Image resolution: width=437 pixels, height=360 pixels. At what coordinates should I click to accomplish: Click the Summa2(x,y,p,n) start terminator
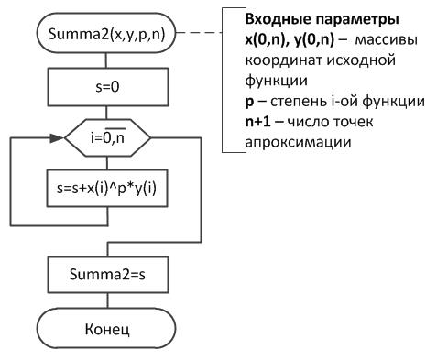[106, 33]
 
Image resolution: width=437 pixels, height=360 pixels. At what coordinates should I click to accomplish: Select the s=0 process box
[107, 87]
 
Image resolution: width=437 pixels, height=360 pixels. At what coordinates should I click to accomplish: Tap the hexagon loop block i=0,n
[107, 138]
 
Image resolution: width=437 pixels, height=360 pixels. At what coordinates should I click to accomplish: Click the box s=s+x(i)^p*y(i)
[107, 188]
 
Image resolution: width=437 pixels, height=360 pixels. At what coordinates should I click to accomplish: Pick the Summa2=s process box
[108, 275]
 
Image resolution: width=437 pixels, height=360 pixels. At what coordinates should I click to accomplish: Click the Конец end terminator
[106, 328]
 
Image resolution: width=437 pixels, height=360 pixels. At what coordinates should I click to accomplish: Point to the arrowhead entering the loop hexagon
[57, 138]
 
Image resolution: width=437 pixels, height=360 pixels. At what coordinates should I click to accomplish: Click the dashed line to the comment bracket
[200, 33]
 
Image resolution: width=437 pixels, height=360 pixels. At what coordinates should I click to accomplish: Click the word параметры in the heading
[357, 20]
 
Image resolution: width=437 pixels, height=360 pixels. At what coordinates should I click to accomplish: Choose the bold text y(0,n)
[314, 40]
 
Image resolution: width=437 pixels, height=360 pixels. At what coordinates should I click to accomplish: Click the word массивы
[387, 40]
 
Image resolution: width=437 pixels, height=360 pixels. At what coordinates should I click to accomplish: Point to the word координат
[284, 60]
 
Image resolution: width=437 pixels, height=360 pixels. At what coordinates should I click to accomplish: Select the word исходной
[361, 60]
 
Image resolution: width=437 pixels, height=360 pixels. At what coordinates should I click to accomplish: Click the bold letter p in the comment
[249, 103]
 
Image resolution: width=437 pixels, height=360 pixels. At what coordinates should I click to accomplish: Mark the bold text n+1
[258, 122]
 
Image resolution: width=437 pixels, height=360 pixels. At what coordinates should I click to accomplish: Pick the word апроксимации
[298, 142]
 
